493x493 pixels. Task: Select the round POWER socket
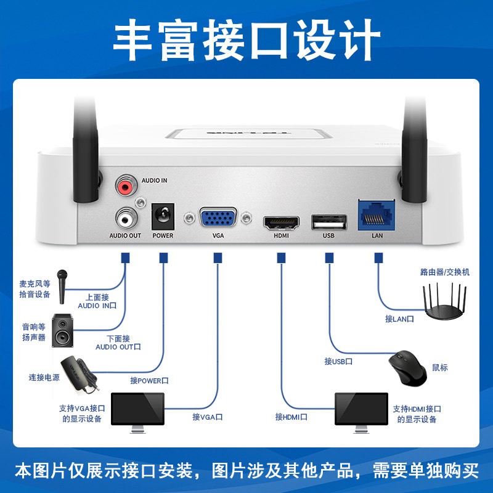(x=163, y=217)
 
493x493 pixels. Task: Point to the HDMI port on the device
(x=282, y=221)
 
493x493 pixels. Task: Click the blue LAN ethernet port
(x=377, y=215)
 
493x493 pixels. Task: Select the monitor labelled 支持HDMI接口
(x=361, y=409)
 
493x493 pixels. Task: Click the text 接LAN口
(x=399, y=319)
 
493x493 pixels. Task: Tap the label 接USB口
(x=338, y=361)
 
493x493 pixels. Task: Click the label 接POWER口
(x=149, y=381)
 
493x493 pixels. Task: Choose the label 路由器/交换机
(x=444, y=271)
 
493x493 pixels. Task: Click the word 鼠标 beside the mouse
(x=439, y=367)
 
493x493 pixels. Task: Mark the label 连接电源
(x=44, y=377)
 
